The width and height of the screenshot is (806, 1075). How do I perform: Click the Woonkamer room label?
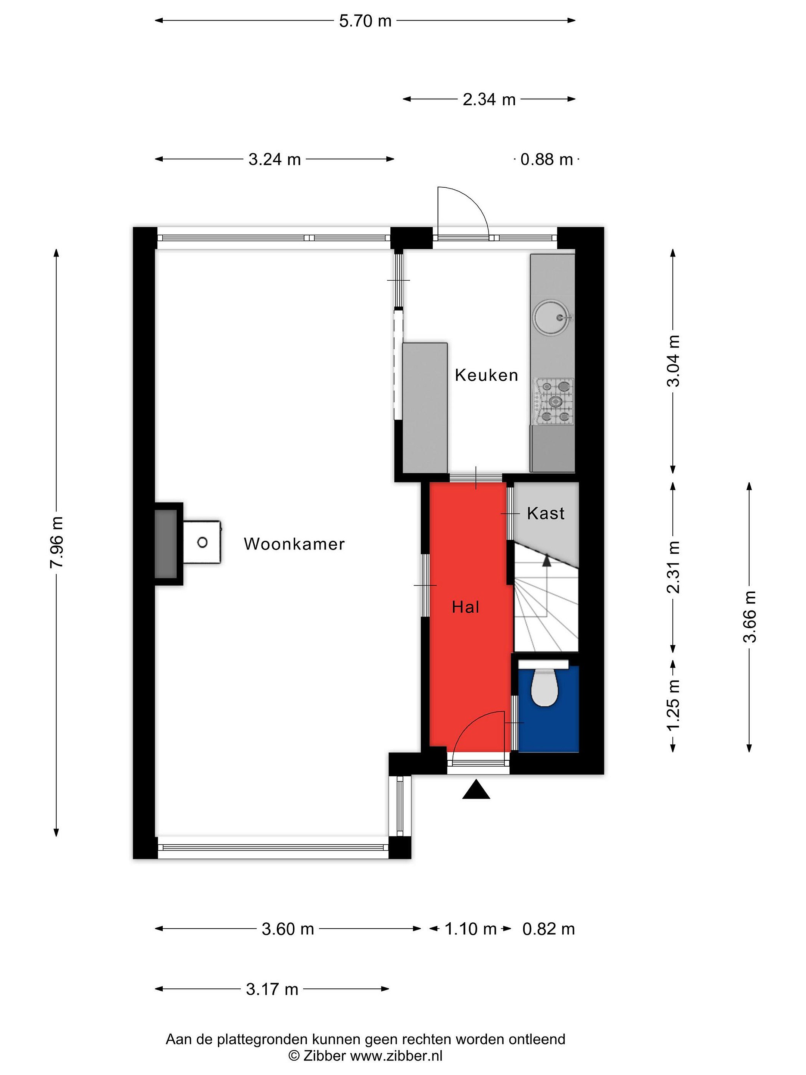[294, 543]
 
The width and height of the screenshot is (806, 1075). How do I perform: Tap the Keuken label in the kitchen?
[486, 375]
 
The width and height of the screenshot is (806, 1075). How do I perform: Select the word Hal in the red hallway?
[465, 607]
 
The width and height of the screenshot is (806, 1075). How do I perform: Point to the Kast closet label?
[546, 513]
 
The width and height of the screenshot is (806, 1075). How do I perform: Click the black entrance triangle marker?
[476, 789]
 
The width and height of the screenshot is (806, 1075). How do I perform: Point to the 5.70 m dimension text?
[365, 21]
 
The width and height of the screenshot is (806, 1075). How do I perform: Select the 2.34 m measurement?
[489, 99]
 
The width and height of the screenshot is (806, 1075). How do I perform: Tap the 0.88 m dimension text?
[547, 159]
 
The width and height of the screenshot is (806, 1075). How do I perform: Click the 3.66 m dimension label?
[750, 616]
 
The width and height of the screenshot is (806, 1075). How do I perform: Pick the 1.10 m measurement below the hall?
[470, 929]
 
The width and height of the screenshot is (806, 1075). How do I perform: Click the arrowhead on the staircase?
[547, 560]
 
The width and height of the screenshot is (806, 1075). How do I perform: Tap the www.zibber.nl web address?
[396, 1056]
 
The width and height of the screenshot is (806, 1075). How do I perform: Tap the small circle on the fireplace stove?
[203, 542]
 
